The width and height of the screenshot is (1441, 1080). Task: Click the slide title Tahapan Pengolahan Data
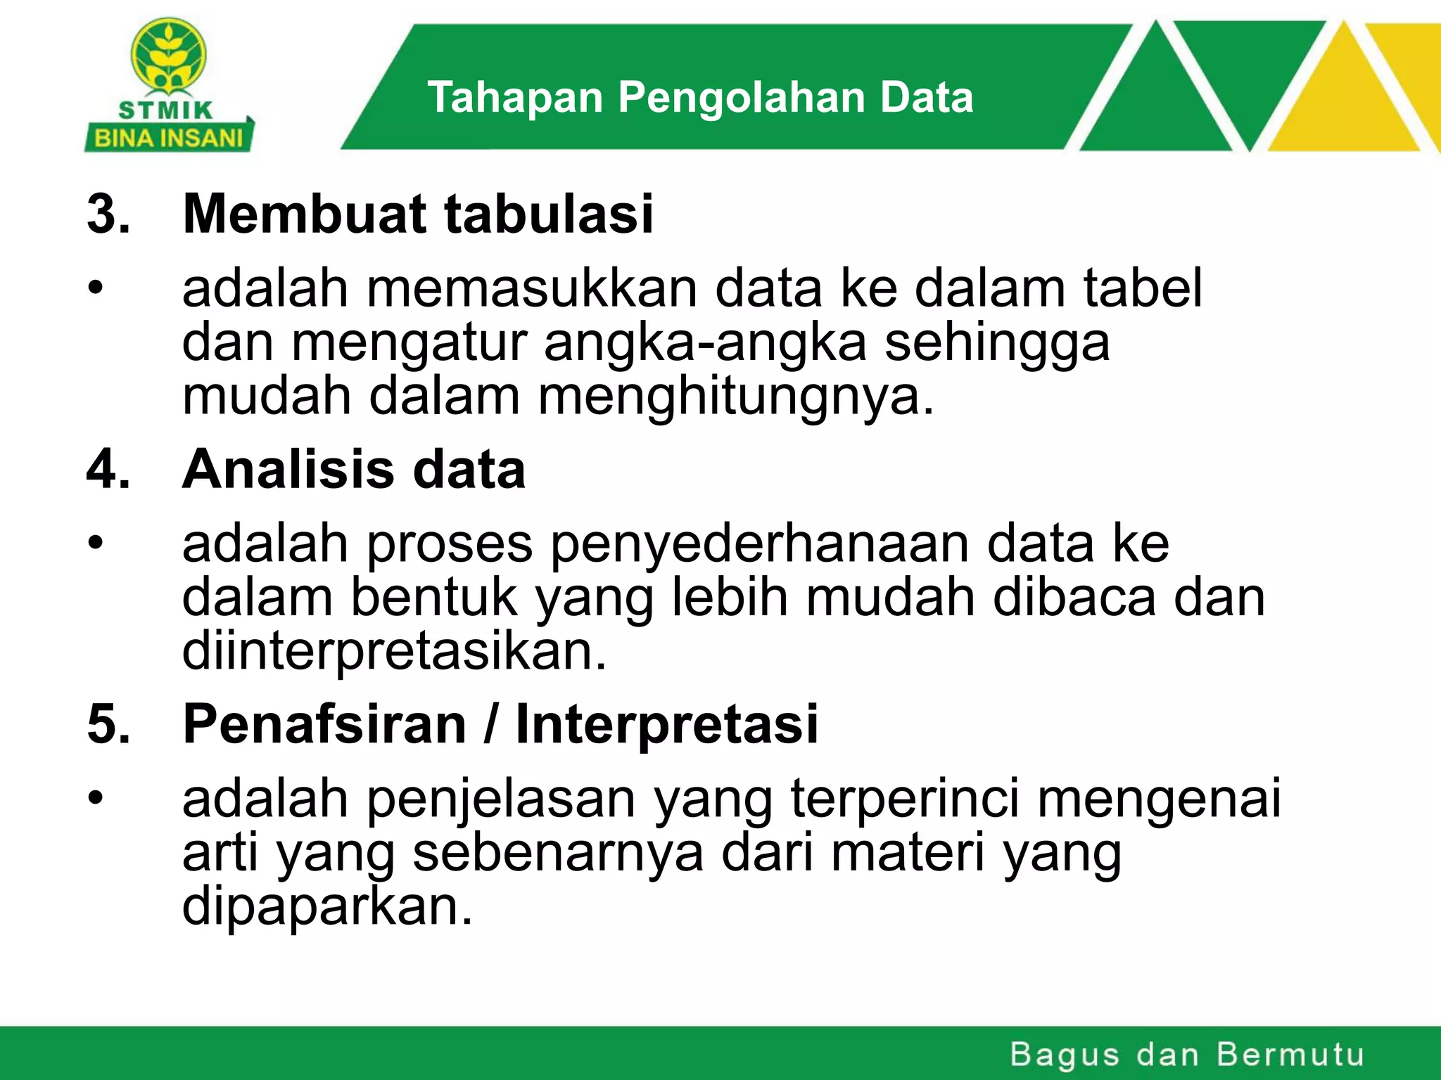(x=700, y=97)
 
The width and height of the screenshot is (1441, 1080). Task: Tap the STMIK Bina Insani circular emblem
(x=169, y=56)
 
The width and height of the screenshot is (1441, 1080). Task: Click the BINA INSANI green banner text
(x=168, y=138)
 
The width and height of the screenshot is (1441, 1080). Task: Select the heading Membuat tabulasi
(x=418, y=214)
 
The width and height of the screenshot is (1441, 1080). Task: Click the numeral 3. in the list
(x=108, y=214)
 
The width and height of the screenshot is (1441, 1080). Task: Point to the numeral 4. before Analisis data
(x=108, y=469)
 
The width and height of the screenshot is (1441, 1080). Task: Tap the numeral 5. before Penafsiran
(x=108, y=724)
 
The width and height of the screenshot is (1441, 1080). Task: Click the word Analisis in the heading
(x=288, y=469)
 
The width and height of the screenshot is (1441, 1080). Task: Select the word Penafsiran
(x=324, y=724)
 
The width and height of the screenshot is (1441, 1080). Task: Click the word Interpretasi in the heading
(x=667, y=724)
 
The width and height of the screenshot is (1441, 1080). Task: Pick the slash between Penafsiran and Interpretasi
(x=491, y=724)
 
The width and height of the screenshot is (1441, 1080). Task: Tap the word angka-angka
(x=705, y=343)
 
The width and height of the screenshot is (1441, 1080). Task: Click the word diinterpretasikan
(x=394, y=651)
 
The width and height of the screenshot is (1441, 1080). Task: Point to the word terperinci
(x=905, y=799)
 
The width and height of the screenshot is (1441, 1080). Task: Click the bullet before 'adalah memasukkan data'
(x=96, y=289)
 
